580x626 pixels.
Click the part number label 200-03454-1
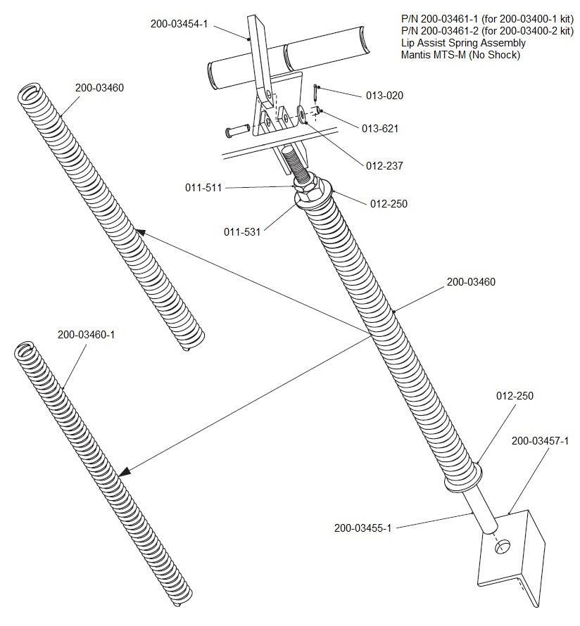pyautogui.click(x=179, y=23)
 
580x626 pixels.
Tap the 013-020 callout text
pyautogui.click(x=384, y=95)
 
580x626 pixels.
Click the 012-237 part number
pyautogui.click(x=384, y=166)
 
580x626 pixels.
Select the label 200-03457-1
pyautogui.click(x=540, y=441)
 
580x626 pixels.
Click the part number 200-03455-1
pyautogui.click(x=362, y=528)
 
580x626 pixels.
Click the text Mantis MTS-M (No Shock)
pyautogui.click(x=460, y=54)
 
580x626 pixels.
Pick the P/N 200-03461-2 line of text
pyautogui.click(x=487, y=32)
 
